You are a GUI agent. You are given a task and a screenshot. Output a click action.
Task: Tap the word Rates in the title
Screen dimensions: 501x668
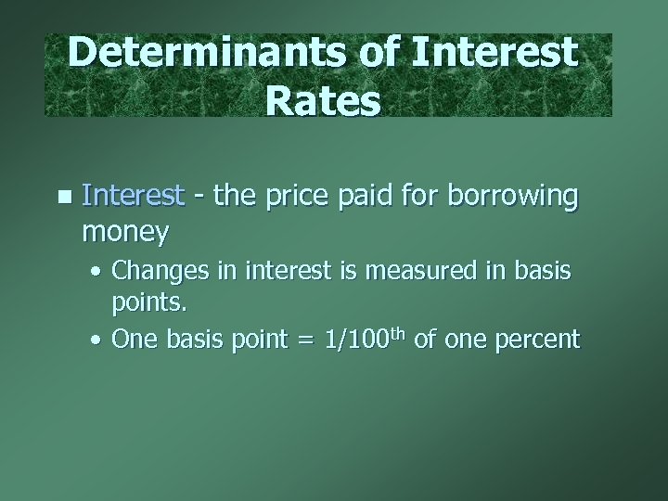322,102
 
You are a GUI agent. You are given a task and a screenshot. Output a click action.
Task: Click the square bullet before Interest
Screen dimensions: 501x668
62,196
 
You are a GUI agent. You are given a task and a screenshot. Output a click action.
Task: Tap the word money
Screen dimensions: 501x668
125,231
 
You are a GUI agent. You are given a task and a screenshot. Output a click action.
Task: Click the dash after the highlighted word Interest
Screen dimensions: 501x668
199,198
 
